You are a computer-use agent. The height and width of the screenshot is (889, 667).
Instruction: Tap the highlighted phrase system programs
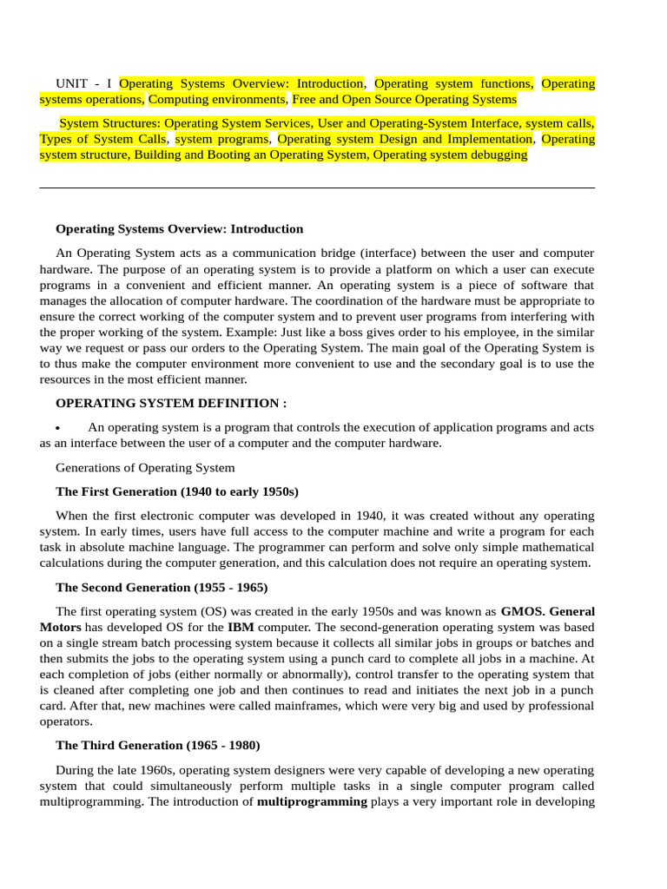click(x=221, y=139)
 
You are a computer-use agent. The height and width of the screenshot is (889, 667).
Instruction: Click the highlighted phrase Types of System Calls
click(x=102, y=139)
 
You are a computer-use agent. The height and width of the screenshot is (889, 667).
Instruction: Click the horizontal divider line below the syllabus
click(x=317, y=188)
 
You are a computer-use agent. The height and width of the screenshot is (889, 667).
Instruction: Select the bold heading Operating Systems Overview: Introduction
click(x=179, y=229)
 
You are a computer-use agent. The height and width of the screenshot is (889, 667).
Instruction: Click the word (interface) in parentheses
click(x=393, y=253)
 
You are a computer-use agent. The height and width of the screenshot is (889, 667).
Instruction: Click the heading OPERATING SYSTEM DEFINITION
click(x=170, y=403)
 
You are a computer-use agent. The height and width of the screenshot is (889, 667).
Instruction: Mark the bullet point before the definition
click(x=57, y=428)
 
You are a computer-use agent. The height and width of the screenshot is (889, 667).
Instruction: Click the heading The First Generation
click(x=177, y=491)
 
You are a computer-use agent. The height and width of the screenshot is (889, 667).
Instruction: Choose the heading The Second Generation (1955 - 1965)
click(x=162, y=587)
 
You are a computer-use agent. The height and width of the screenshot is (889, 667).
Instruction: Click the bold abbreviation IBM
click(x=241, y=627)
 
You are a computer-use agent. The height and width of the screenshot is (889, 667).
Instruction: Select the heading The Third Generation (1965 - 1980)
click(x=157, y=745)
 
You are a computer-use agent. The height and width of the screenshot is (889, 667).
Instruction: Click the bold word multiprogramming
click(x=312, y=801)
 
